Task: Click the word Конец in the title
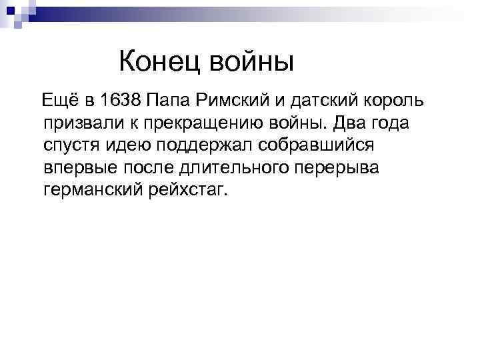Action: (x=160, y=63)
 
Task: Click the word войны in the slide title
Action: (x=251, y=63)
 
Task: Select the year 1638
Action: (x=121, y=102)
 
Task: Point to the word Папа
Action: (x=169, y=102)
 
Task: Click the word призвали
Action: (x=77, y=124)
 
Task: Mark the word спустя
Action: (x=69, y=146)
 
